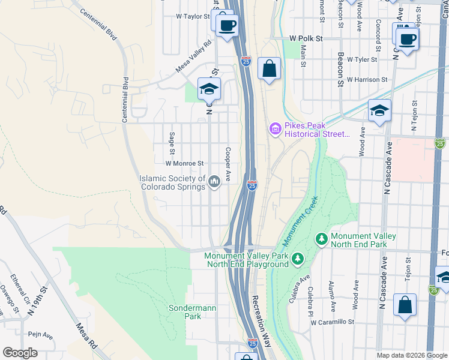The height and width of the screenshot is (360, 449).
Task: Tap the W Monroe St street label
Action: (185, 163)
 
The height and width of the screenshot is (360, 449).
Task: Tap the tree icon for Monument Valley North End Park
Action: (322, 240)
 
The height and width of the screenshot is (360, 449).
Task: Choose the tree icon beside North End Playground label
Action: (297, 260)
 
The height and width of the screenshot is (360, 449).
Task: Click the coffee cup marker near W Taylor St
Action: (226, 25)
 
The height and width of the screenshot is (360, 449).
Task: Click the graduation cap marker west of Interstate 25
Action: (209, 89)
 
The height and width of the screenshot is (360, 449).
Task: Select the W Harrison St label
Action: (367, 79)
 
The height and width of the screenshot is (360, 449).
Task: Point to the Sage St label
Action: (172, 142)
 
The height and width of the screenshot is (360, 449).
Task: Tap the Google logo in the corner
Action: (20, 353)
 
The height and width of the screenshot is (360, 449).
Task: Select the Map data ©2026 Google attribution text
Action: (411, 355)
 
